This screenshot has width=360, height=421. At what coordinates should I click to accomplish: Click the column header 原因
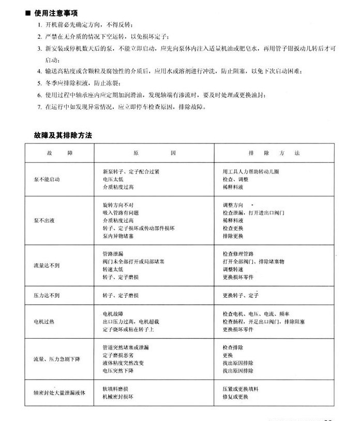(154, 154)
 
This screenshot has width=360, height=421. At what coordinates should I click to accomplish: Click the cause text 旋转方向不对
(117, 205)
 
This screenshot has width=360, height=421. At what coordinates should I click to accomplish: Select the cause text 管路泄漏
(114, 254)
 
